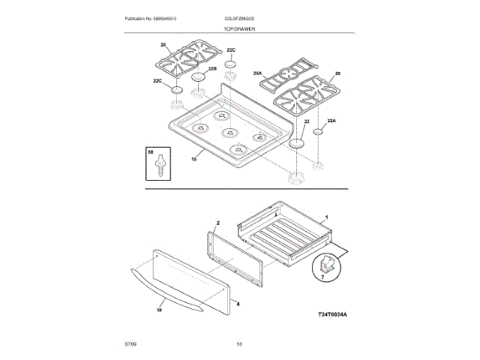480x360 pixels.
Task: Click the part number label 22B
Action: coord(211,68)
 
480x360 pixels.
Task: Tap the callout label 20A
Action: coord(257,73)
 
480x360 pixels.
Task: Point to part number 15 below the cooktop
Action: coord(194,158)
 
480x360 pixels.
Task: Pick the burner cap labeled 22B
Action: coord(199,76)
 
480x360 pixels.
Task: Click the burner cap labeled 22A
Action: coord(318,131)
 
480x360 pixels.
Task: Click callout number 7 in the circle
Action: coord(323,276)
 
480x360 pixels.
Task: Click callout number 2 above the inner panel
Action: coord(217,223)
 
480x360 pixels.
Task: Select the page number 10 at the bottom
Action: coord(239,344)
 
